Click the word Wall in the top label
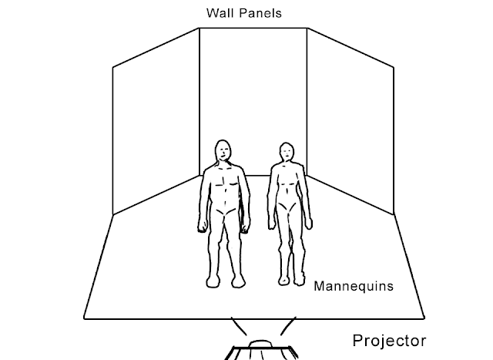(218, 13)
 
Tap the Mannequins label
(354, 285)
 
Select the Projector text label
(388, 339)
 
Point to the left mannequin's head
(223, 152)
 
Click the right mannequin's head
(287, 153)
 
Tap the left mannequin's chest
(223, 183)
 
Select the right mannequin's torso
(287, 189)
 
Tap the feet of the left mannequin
(225, 282)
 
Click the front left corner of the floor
(84, 317)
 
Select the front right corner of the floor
(424, 317)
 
